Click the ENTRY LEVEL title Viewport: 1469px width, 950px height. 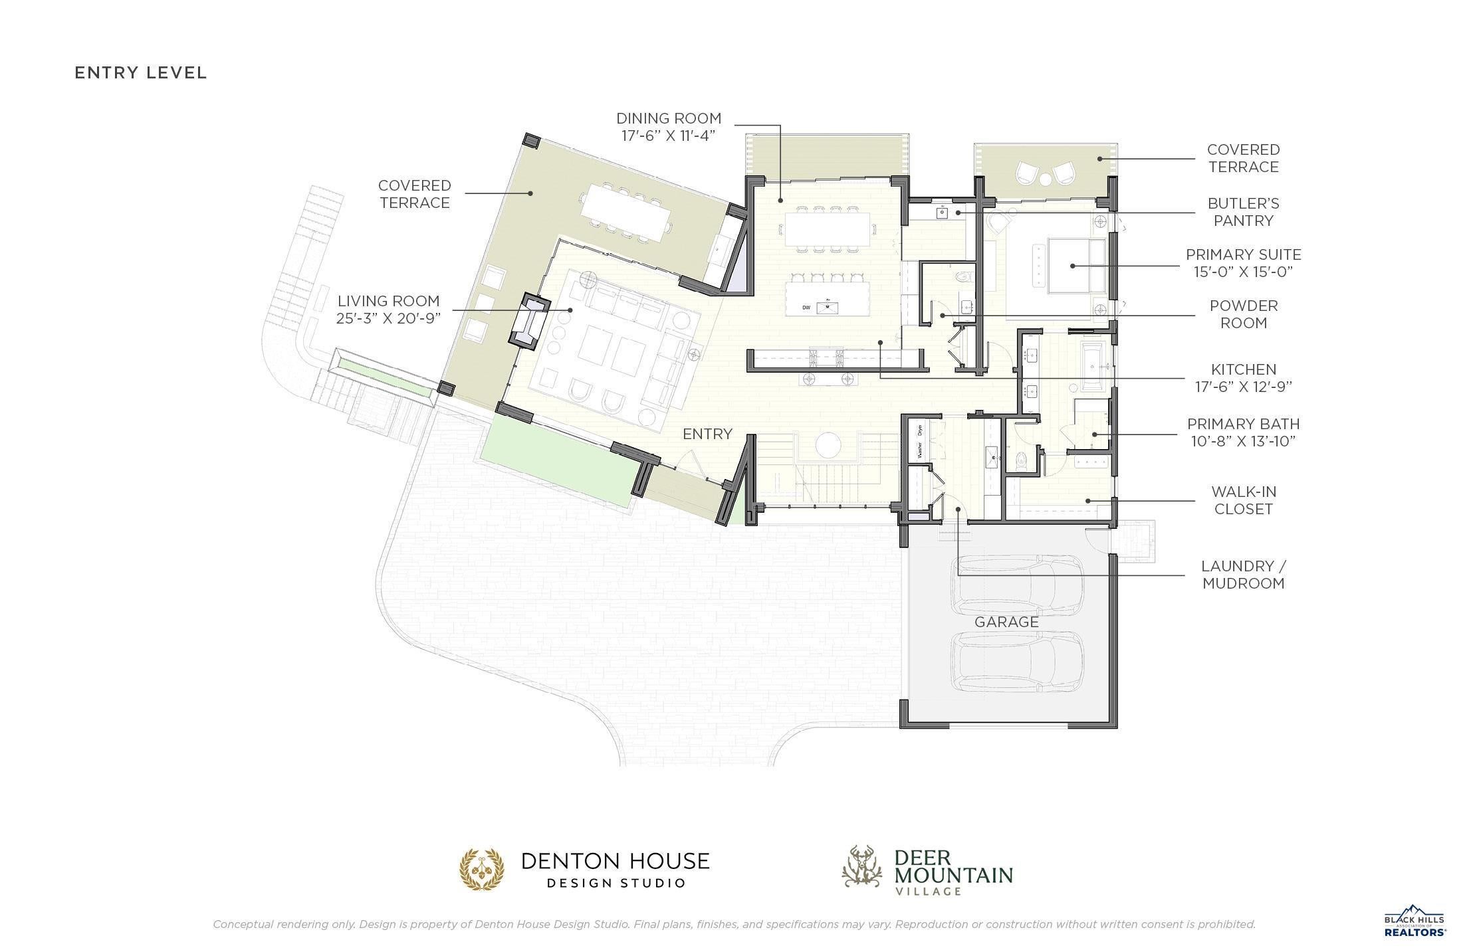(141, 72)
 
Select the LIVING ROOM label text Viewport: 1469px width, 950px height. (388, 310)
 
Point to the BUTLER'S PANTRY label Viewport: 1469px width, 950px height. (1243, 212)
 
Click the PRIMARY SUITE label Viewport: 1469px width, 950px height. (1243, 263)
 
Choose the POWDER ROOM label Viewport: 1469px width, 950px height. (1243, 314)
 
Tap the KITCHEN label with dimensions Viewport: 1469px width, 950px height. (1243, 378)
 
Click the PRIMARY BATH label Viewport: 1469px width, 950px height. (1243, 432)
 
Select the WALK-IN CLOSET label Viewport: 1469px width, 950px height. (1243, 500)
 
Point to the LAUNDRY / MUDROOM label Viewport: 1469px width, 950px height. (1243, 575)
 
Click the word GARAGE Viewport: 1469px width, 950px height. (1006, 622)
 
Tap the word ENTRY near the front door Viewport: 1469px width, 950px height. (707, 434)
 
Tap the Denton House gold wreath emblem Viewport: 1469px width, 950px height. (482, 869)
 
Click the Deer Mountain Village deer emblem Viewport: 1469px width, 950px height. (863, 866)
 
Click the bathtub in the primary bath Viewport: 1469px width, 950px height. (1093, 365)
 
